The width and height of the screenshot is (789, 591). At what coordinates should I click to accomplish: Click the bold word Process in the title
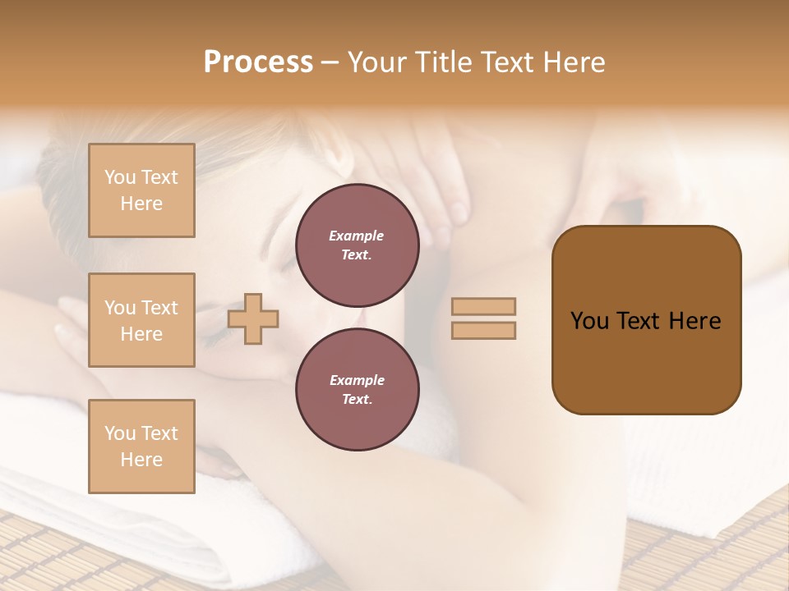pos(258,62)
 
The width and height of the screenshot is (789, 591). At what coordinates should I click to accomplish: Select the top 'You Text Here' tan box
pos(141,190)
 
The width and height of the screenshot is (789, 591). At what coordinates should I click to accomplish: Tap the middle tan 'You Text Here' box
pos(141,320)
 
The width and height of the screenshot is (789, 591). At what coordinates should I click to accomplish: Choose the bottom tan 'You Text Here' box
pos(141,447)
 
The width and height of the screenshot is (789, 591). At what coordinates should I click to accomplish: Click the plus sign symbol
pos(253,318)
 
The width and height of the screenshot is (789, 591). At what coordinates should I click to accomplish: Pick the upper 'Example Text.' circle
pos(357,245)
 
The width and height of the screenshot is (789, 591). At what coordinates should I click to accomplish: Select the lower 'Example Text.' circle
pos(357,389)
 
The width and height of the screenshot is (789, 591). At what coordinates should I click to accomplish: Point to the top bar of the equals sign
pos(483,306)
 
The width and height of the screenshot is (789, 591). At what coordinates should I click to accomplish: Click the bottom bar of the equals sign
pos(483,330)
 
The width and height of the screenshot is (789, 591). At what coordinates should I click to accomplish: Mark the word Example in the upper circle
pos(357,236)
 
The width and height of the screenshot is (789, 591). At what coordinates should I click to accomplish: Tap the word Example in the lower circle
pos(357,380)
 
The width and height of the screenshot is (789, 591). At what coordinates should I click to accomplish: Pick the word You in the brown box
pos(589,321)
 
